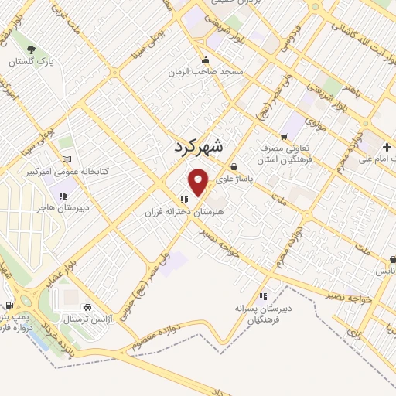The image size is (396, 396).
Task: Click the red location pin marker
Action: click(x=199, y=182)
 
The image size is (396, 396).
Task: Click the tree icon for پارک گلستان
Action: click(x=30, y=48)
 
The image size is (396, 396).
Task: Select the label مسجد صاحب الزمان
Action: click(x=207, y=71)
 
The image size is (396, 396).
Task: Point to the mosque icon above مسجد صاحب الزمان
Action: click(x=205, y=60)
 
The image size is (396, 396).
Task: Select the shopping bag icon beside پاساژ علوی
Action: click(x=234, y=166)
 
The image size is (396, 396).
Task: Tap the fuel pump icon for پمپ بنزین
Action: click(x=9, y=305)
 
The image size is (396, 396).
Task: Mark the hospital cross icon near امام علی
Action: click(x=386, y=147)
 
